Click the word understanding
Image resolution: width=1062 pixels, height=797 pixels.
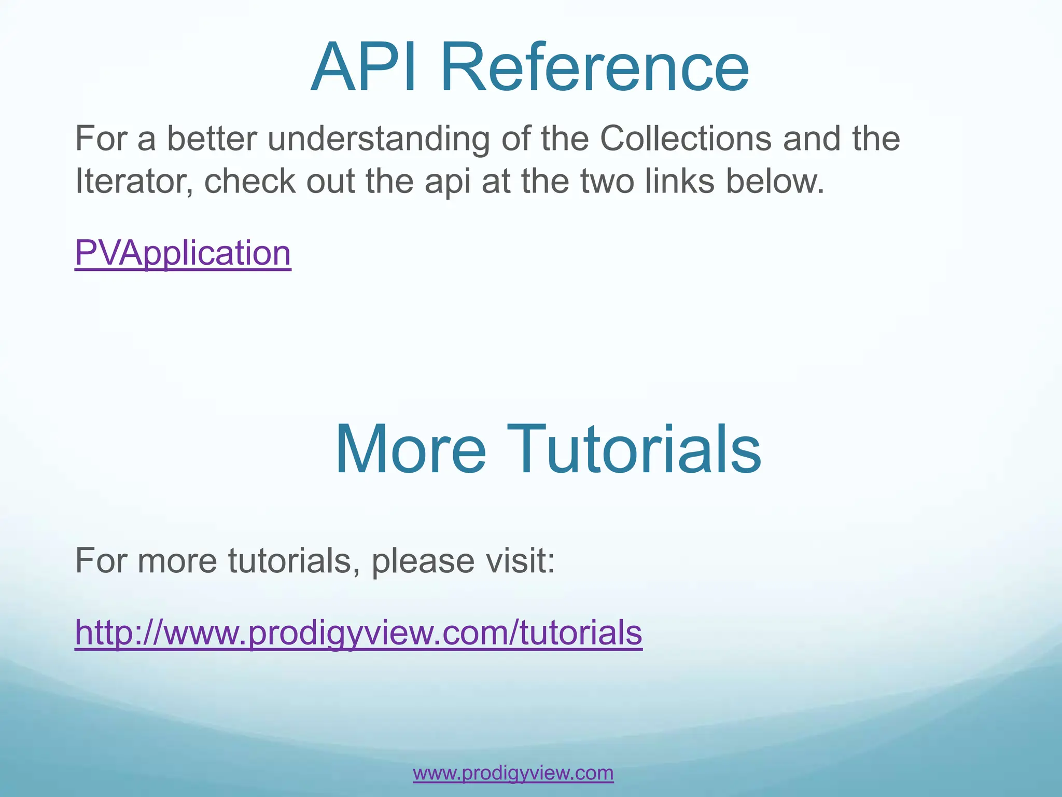click(x=379, y=139)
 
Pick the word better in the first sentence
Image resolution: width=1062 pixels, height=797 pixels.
click(x=212, y=139)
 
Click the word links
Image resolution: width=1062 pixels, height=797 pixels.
click(x=680, y=181)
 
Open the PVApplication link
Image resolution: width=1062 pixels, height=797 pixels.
click(x=183, y=253)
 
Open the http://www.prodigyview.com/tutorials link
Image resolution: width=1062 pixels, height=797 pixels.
click(x=358, y=633)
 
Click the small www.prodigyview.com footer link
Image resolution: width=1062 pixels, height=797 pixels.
click(x=513, y=773)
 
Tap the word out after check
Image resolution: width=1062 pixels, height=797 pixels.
click(x=331, y=181)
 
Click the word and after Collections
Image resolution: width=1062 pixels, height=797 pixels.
click(x=812, y=139)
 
